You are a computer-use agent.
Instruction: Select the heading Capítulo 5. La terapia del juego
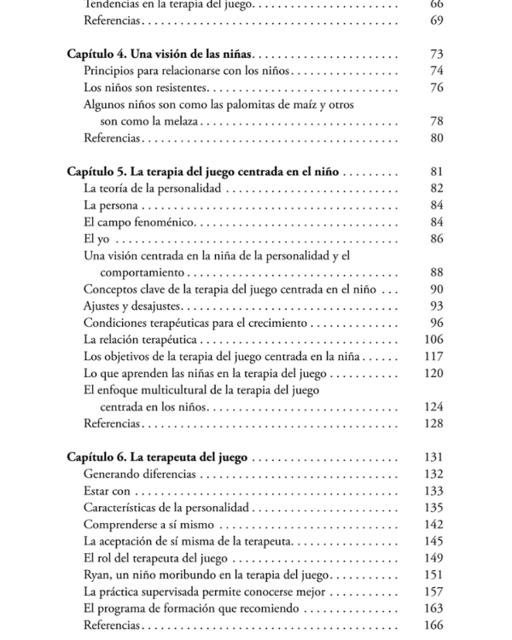click(x=205, y=172)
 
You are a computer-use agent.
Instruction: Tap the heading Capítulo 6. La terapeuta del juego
click(x=157, y=457)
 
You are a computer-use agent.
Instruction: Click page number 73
click(x=437, y=54)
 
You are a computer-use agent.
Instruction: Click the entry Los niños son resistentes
click(x=145, y=88)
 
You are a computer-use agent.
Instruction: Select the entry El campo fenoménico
click(x=139, y=223)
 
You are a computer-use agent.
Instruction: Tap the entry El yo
click(x=94, y=239)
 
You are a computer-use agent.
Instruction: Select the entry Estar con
click(x=107, y=492)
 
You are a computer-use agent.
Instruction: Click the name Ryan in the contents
click(x=96, y=575)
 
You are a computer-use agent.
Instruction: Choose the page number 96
click(x=437, y=323)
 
